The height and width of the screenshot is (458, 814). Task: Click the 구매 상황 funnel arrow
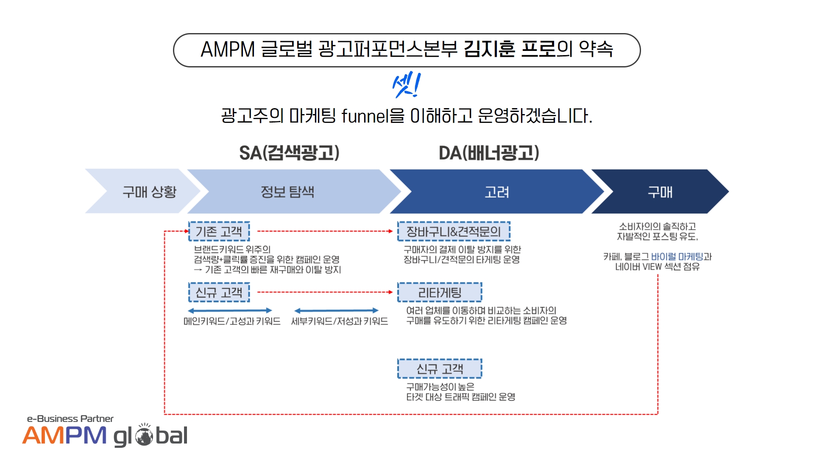coord(144,191)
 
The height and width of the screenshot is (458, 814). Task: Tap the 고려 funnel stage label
coord(497,192)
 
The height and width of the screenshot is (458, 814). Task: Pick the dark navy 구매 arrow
coord(660,191)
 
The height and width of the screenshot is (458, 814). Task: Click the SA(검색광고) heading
coord(289,153)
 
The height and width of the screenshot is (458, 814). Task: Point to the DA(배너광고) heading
coord(489,153)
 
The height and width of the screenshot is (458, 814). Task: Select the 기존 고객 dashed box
coord(219,232)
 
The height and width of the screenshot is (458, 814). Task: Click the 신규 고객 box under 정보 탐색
coord(219,292)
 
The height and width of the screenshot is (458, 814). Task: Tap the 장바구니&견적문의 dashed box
coord(454,232)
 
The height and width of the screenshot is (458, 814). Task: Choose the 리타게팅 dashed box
coord(440,292)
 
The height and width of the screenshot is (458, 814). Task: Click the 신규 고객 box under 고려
coord(440,369)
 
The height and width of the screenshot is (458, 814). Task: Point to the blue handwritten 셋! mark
coord(406,85)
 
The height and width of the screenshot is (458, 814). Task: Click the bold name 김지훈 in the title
coord(489,49)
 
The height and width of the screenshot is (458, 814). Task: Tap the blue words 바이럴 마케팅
coord(677,257)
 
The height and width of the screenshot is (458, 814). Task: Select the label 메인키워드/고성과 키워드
coord(232,321)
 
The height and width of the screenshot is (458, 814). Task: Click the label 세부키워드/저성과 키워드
coord(340,321)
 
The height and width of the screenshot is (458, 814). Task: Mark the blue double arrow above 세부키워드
coord(336,310)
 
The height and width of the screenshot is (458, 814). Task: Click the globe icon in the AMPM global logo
coord(144,436)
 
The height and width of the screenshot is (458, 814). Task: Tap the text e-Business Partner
coord(70,419)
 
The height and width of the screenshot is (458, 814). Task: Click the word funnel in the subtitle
coord(365,116)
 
